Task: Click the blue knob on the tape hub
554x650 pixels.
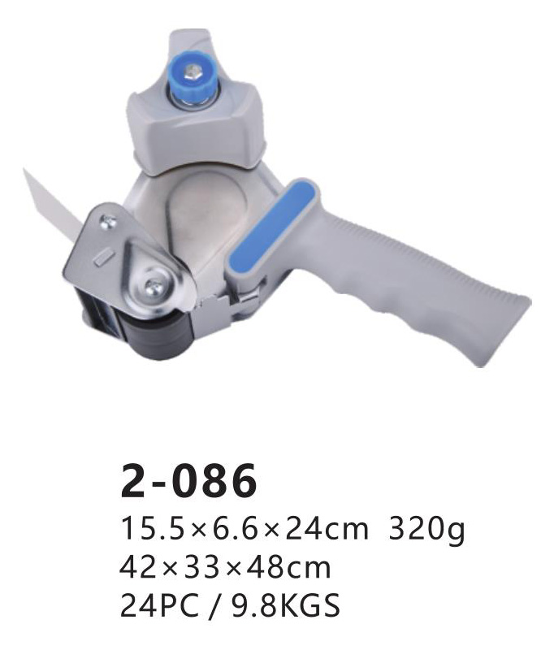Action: pyautogui.click(x=193, y=82)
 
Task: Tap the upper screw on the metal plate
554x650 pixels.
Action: pyautogui.click(x=110, y=220)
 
